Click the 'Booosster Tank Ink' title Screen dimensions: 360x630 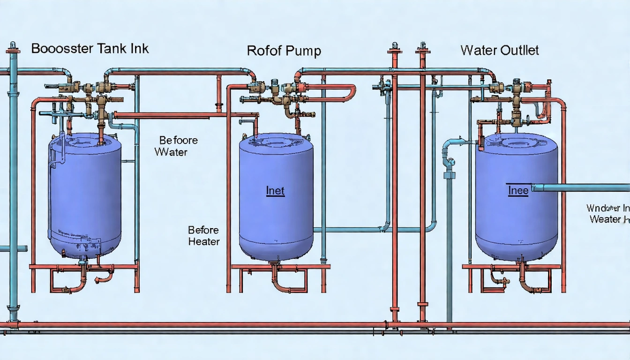pyautogui.click(x=90, y=48)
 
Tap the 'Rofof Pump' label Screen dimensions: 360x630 pyautogui.click(x=284, y=51)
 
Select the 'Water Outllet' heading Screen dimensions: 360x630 pyautogui.click(x=500, y=50)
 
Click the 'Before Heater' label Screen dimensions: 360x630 pyautogui.click(x=203, y=236)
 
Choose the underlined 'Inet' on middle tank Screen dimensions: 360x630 pyautogui.click(x=275, y=191)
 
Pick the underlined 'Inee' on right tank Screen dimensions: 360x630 pyautogui.click(x=518, y=190)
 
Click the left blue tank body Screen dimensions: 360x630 pyautogui.click(x=84, y=197)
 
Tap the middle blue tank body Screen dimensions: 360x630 pyautogui.click(x=276, y=216)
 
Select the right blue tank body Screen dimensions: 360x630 pyautogui.click(x=516, y=220)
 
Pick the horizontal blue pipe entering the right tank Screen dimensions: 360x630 pyautogui.click(x=581, y=187)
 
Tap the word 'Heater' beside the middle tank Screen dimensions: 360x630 pyautogui.click(x=203, y=242)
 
